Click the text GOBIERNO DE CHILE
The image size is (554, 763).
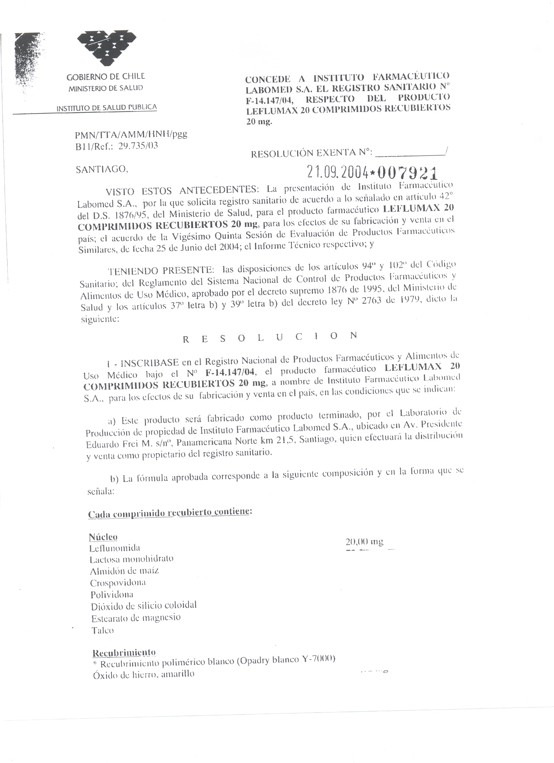tap(106, 77)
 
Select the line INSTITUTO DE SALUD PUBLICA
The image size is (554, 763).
tap(107, 108)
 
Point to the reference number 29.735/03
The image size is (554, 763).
tap(138, 146)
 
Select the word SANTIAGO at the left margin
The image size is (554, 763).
tap(102, 170)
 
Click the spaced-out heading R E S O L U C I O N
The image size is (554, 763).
tap(269, 337)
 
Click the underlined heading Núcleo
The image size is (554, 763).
tap(103, 537)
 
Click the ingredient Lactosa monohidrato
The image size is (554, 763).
tap(131, 559)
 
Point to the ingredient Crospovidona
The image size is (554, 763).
tap(118, 583)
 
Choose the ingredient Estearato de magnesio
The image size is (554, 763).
tap(136, 618)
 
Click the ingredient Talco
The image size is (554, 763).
tap(103, 630)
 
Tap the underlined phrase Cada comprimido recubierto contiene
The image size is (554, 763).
tap(170, 513)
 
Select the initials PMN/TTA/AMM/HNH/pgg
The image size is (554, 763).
tap(131, 135)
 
